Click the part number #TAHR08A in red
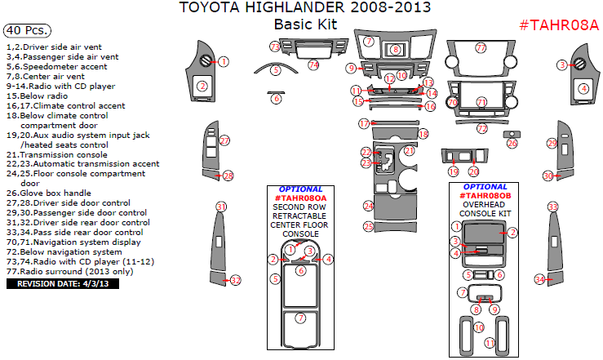(x=559, y=24)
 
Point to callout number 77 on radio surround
(x=481, y=48)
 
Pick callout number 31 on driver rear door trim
(x=221, y=206)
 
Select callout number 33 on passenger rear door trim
(x=552, y=207)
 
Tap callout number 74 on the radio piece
(x=314, y=64)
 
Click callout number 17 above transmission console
(x=364, y=123)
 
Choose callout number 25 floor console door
(x=369, y=226)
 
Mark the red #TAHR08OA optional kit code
(x=300, y=198)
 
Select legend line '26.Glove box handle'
(x=54, y=193)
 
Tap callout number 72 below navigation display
(x=482, y=128)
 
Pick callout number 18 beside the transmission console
(x=423, y=133)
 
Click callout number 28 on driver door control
(x=228, y=176)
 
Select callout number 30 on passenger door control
(x=549, y=176)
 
